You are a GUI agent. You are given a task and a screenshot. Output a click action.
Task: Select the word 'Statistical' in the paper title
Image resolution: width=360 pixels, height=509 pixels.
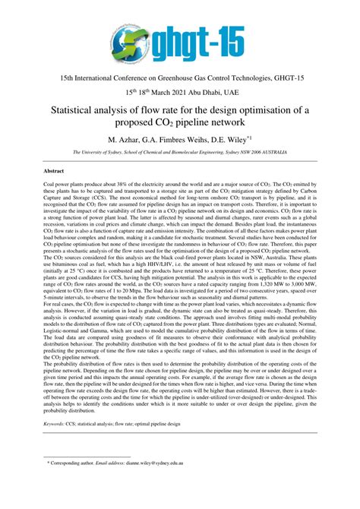pos(83,111)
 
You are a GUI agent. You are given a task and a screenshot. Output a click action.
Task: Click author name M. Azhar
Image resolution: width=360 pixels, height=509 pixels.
pos(127,141)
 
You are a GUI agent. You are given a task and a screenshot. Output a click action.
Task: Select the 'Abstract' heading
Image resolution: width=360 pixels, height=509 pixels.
pos(52,172)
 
